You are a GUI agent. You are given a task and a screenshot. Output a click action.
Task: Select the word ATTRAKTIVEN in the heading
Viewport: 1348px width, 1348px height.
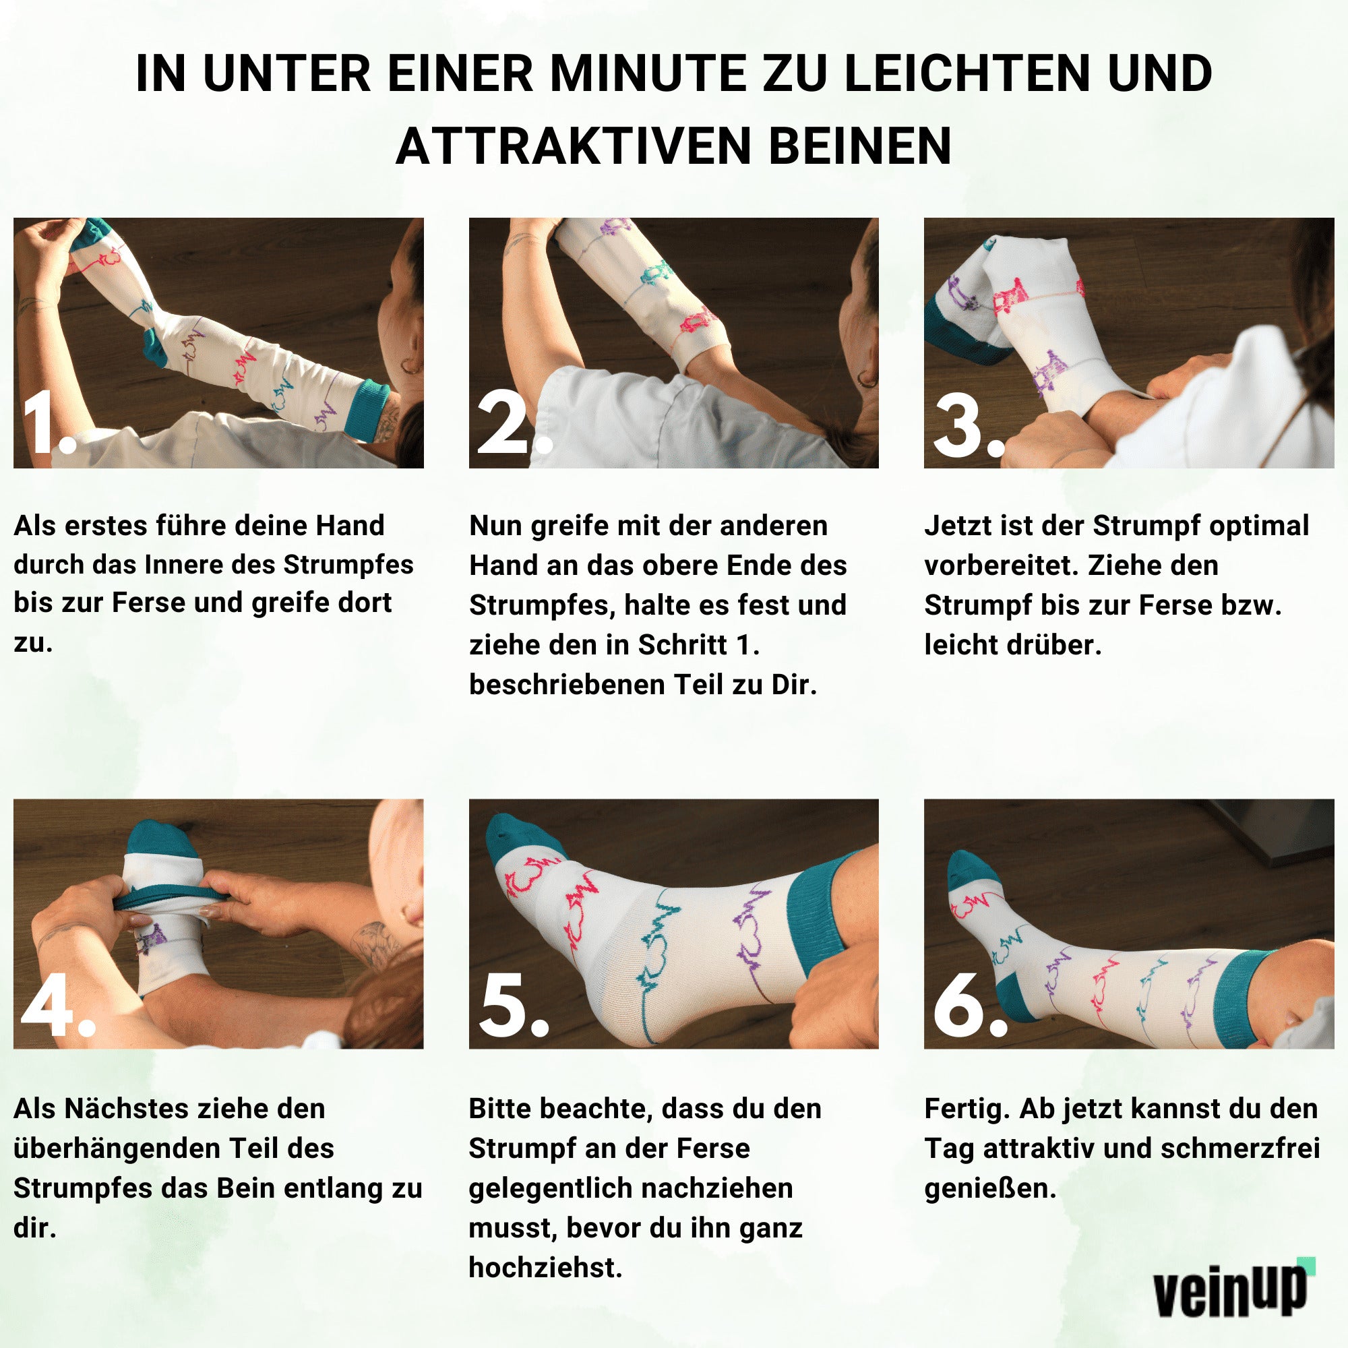tap(573, 146)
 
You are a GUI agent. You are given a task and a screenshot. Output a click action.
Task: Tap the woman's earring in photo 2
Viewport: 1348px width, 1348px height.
tap(867, 380)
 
